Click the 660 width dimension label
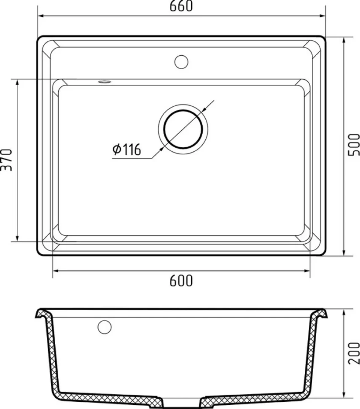tap(181, 6)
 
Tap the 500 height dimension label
tap(354, 145)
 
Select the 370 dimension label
tap(7, 160)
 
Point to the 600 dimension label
tap(181, 281)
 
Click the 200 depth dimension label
tap(354, 353)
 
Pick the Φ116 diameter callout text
tap(127, 149)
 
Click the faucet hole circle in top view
tap(181, 62)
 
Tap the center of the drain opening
tap(183, 129)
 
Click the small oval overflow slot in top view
tap(105, 82)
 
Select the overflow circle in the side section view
tap(105, 327)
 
